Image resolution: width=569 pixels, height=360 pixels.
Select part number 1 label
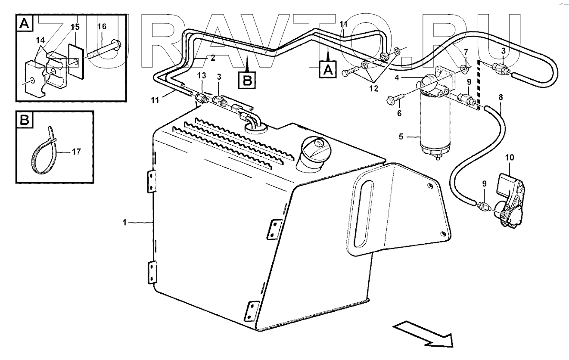(125, 223)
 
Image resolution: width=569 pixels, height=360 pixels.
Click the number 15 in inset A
(75, 27)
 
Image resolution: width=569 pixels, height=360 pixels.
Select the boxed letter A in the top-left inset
(24, 24)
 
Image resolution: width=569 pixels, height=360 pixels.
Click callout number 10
(509, 158)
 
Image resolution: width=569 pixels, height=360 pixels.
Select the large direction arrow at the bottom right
(424, 335)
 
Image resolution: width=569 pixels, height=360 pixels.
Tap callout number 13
(202, 76)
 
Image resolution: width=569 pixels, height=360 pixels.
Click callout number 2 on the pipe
(212, 57)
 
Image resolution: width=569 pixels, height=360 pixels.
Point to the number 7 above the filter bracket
(466, 53)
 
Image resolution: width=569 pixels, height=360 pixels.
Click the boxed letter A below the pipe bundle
(328, 69)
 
